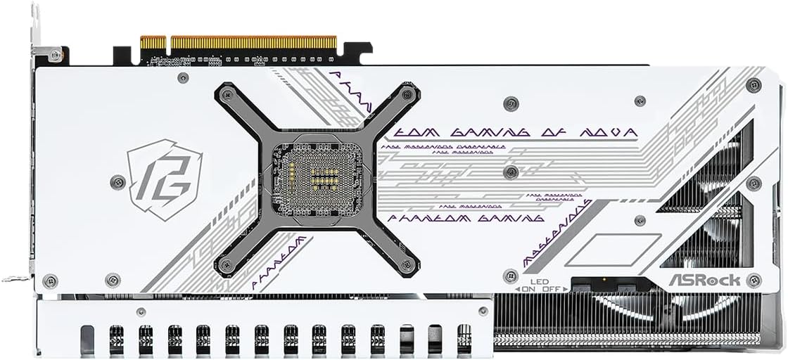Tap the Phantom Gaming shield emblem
point(159,179)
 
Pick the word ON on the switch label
point(528,288)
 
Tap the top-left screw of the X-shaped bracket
point(227,95)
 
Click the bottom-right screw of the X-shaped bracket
point(406,265)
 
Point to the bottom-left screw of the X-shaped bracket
point(226,265)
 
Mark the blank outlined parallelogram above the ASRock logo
point(613,249)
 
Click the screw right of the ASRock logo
point(754,279)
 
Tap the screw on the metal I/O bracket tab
point(56,53)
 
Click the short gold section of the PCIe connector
point(153,43)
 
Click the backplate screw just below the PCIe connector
point(183,77)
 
